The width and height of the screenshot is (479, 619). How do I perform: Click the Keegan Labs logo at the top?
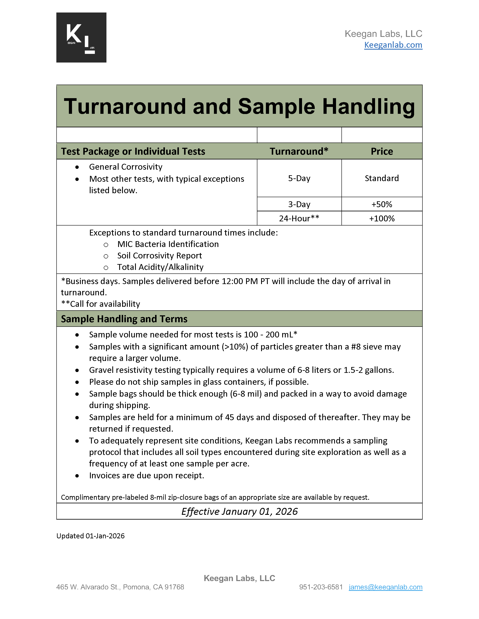click(x=81, y=38)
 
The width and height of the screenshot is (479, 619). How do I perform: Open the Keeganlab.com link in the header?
click(x=393, y=45)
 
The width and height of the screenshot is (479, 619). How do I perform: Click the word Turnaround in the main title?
click(x=125, y=107)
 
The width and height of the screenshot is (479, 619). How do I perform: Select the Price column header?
click(x=382, y=151)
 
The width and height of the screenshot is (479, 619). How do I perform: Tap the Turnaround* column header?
click(x=299, y=151)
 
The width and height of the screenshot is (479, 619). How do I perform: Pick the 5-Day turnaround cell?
click(x=299, y=178)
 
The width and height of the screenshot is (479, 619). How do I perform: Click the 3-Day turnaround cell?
click(x=299, y=204)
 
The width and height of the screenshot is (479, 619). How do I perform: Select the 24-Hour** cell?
click(x=299, y=218)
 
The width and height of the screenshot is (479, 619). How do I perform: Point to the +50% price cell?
click(x=382, y=204)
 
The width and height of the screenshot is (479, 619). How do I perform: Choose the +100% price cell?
click(x=382, y=218)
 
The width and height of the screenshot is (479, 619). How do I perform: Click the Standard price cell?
click(x=382, y=178)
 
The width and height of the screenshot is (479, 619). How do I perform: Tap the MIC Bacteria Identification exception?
click(x=168, y=244)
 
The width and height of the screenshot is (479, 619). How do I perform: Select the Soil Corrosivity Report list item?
click(x=159, y=256)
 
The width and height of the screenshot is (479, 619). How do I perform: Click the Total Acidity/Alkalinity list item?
click(x=160, y=267)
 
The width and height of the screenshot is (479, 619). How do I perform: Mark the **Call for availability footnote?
click(x=101, y=304)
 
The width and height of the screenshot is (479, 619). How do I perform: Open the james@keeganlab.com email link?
click(x=385, y=587)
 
